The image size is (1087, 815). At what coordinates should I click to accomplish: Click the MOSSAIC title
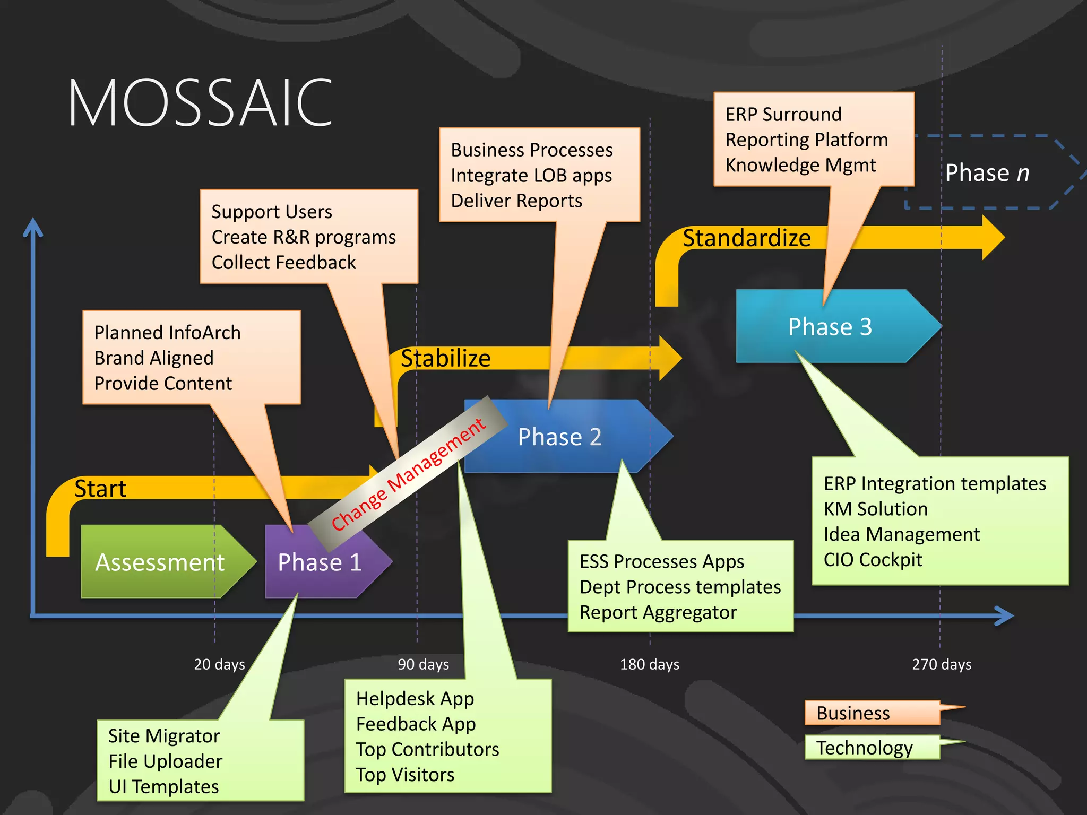point(201,102)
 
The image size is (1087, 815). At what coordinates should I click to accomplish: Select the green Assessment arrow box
point(160,562)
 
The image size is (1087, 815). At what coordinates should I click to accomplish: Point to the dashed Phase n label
point(987,173)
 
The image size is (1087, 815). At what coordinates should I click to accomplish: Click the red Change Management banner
point(408,474)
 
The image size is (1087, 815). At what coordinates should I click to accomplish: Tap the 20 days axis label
point(219,664)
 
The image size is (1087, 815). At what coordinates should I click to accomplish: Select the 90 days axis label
point(423,664)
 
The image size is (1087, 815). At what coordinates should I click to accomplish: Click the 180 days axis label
point(649,664)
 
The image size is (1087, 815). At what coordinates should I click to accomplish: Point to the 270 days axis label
point(942,664)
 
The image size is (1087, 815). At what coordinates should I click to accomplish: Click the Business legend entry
point(853,713)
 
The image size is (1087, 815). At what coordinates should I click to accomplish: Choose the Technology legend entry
point(864,748)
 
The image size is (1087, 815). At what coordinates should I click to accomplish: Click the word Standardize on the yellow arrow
point(746,238)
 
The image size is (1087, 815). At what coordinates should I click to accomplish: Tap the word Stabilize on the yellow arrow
point(445,358)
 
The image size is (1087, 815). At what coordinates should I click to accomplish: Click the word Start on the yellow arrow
point(100,489)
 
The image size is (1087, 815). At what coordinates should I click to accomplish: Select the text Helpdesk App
point(415,699)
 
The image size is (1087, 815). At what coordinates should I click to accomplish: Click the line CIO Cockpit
point(873,560)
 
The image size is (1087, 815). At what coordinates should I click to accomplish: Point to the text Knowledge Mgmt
point(800,165)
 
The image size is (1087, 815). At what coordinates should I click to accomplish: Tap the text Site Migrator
point(164,736)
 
